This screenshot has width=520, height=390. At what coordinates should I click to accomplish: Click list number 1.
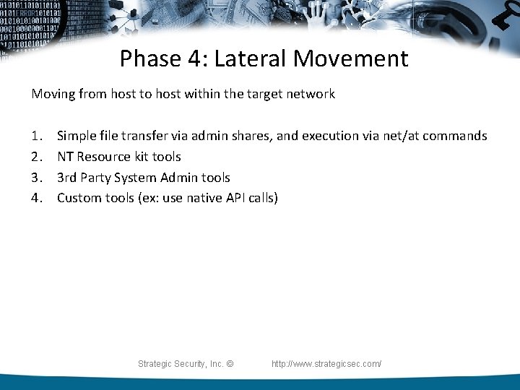37,136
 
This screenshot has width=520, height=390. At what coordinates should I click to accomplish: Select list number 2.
37,157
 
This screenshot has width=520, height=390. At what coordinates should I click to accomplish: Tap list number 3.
37,178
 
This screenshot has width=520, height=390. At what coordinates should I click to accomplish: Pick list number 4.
37,198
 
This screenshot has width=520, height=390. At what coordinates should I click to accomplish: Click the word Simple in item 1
77,136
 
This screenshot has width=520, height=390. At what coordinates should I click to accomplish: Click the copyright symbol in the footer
230,364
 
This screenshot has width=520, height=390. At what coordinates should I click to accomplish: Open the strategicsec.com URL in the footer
326,364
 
